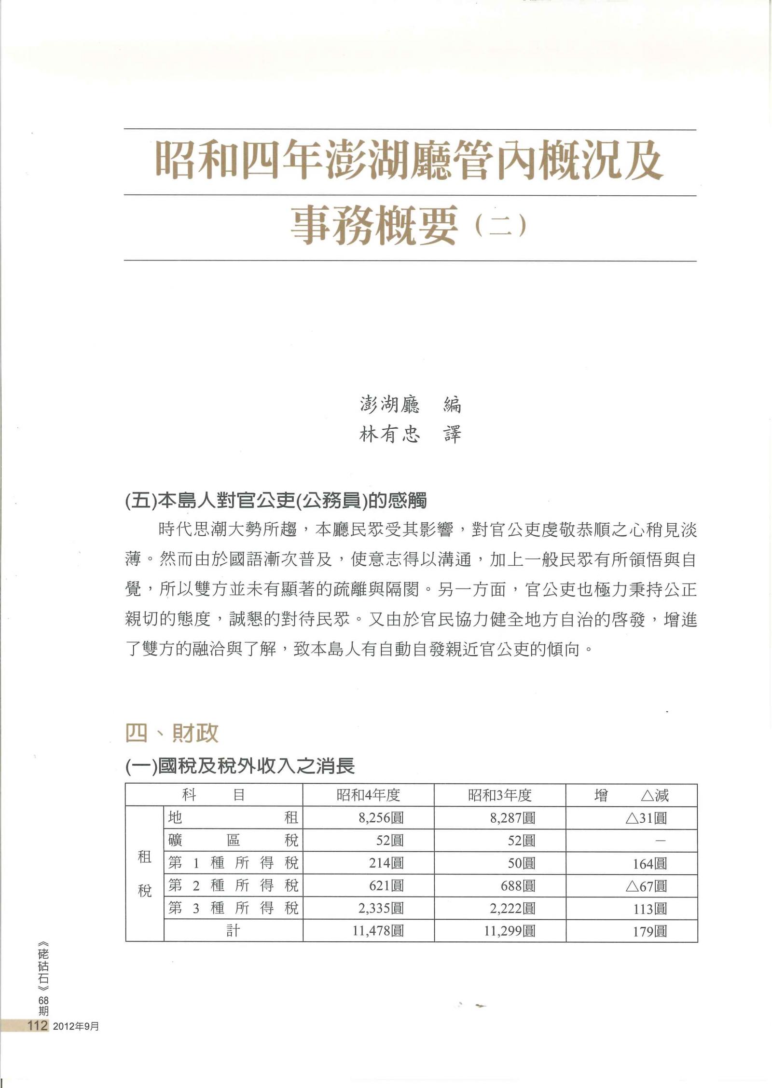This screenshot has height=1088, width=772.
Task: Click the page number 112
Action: point(38,1025)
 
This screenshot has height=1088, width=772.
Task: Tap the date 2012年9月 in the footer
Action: point(76,1025)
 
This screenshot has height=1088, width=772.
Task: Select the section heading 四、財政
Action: point(172,734)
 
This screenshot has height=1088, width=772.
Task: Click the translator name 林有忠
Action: point(389,435)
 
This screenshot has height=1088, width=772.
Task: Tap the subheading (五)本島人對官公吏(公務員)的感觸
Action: point(276,502)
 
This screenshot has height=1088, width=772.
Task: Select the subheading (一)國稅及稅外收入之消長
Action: point(240,766)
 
